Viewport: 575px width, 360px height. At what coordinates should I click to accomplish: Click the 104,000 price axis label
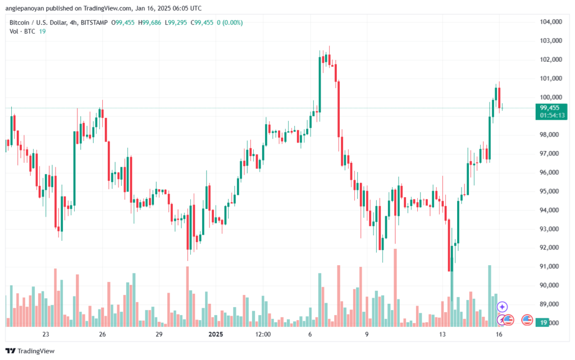pyautogui.click(x=551, y=22)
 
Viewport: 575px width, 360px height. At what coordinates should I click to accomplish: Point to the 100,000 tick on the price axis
pyautogui.click(x=551, y=97)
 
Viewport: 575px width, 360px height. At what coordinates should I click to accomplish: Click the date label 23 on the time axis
pyautogui.click(x=45, y=334)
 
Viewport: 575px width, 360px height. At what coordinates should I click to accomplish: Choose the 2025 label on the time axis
pyautogui.click(x=216, y=334)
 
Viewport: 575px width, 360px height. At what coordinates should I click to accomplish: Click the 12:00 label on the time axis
pyautogui.click(x=263, y=334)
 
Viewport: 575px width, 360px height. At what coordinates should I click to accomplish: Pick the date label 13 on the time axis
pyautogui.click(x=442, y=334)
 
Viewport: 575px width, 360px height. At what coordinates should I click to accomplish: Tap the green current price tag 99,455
pyautogui.click(x=550, y=108)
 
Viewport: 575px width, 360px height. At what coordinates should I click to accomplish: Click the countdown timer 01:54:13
pyautogui.click(x=552, y=116)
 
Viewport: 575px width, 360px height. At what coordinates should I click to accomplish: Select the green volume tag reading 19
pyautogui.click(x=544, y=322)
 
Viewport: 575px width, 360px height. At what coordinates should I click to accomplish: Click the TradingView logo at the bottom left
pyautogui.click(x=30, y=351)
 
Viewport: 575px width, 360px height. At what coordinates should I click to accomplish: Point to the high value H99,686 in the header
pyautogui.click(x=149, y=22)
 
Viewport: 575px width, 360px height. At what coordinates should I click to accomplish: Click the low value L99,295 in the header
pyautogui.click(x=176, y=22)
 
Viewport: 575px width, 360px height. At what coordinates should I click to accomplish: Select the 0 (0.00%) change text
pyautogui.click(x=230, y=22)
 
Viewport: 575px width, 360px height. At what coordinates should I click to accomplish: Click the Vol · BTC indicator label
pyautogui.click(x=22, y=31)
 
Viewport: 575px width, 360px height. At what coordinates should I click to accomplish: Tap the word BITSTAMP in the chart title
pyautogui.click(x=94, y=22)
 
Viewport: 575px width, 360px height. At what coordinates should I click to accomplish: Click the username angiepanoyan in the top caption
pyautogui.click(x=25, y=8)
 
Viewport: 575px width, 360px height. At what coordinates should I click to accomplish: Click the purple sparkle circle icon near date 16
pyautogui.click(x=502, y=307)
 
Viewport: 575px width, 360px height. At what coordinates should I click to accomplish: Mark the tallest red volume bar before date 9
pyautogui.click(x=339, y=296)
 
